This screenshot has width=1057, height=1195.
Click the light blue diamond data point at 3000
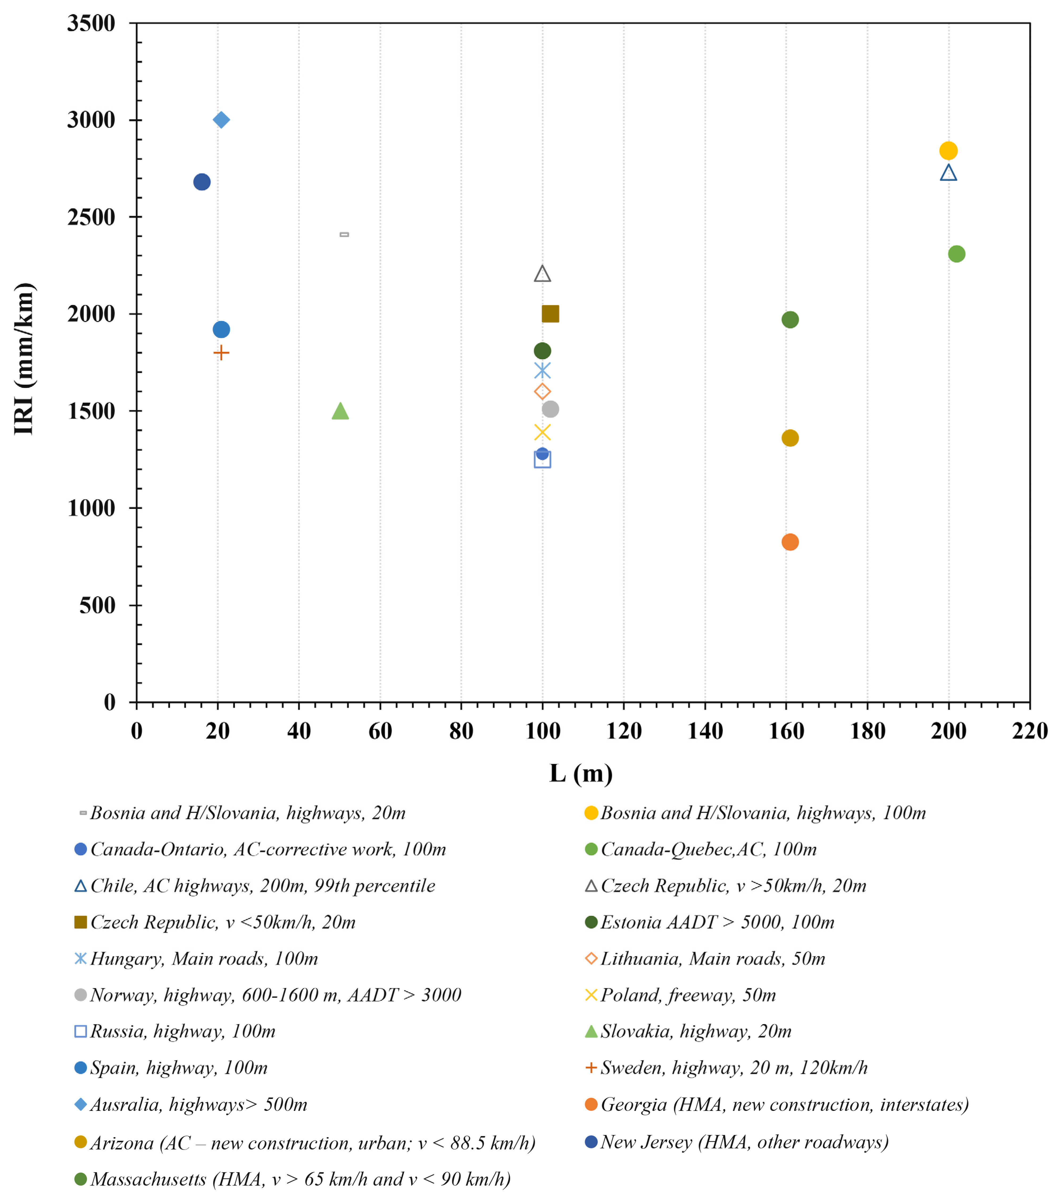pos(221,120)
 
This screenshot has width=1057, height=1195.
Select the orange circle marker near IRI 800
pos(790,542)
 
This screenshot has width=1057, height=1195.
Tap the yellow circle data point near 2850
pos(948,151)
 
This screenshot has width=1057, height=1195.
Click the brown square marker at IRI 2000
pos(550,314)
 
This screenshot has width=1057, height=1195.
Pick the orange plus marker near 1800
pos(221,352)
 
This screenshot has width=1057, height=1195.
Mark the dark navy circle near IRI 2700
pos(202,182)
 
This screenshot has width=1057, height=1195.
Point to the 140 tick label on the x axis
pos(705,731)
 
